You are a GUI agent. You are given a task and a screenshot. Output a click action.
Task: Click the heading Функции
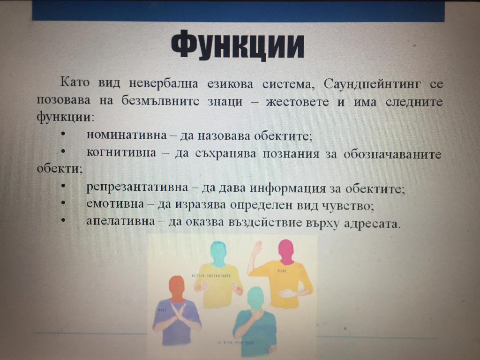tap(238, 46)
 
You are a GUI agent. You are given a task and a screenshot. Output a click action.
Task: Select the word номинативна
tap(126, 135)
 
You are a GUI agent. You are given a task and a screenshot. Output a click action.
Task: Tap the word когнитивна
tap(121, 153)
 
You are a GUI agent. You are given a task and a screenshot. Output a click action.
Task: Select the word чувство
tap(350, 206)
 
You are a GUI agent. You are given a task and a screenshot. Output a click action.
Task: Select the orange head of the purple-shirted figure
tap(177, 287)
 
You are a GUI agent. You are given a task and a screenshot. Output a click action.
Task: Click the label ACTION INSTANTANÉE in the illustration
tap(211, 275)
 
